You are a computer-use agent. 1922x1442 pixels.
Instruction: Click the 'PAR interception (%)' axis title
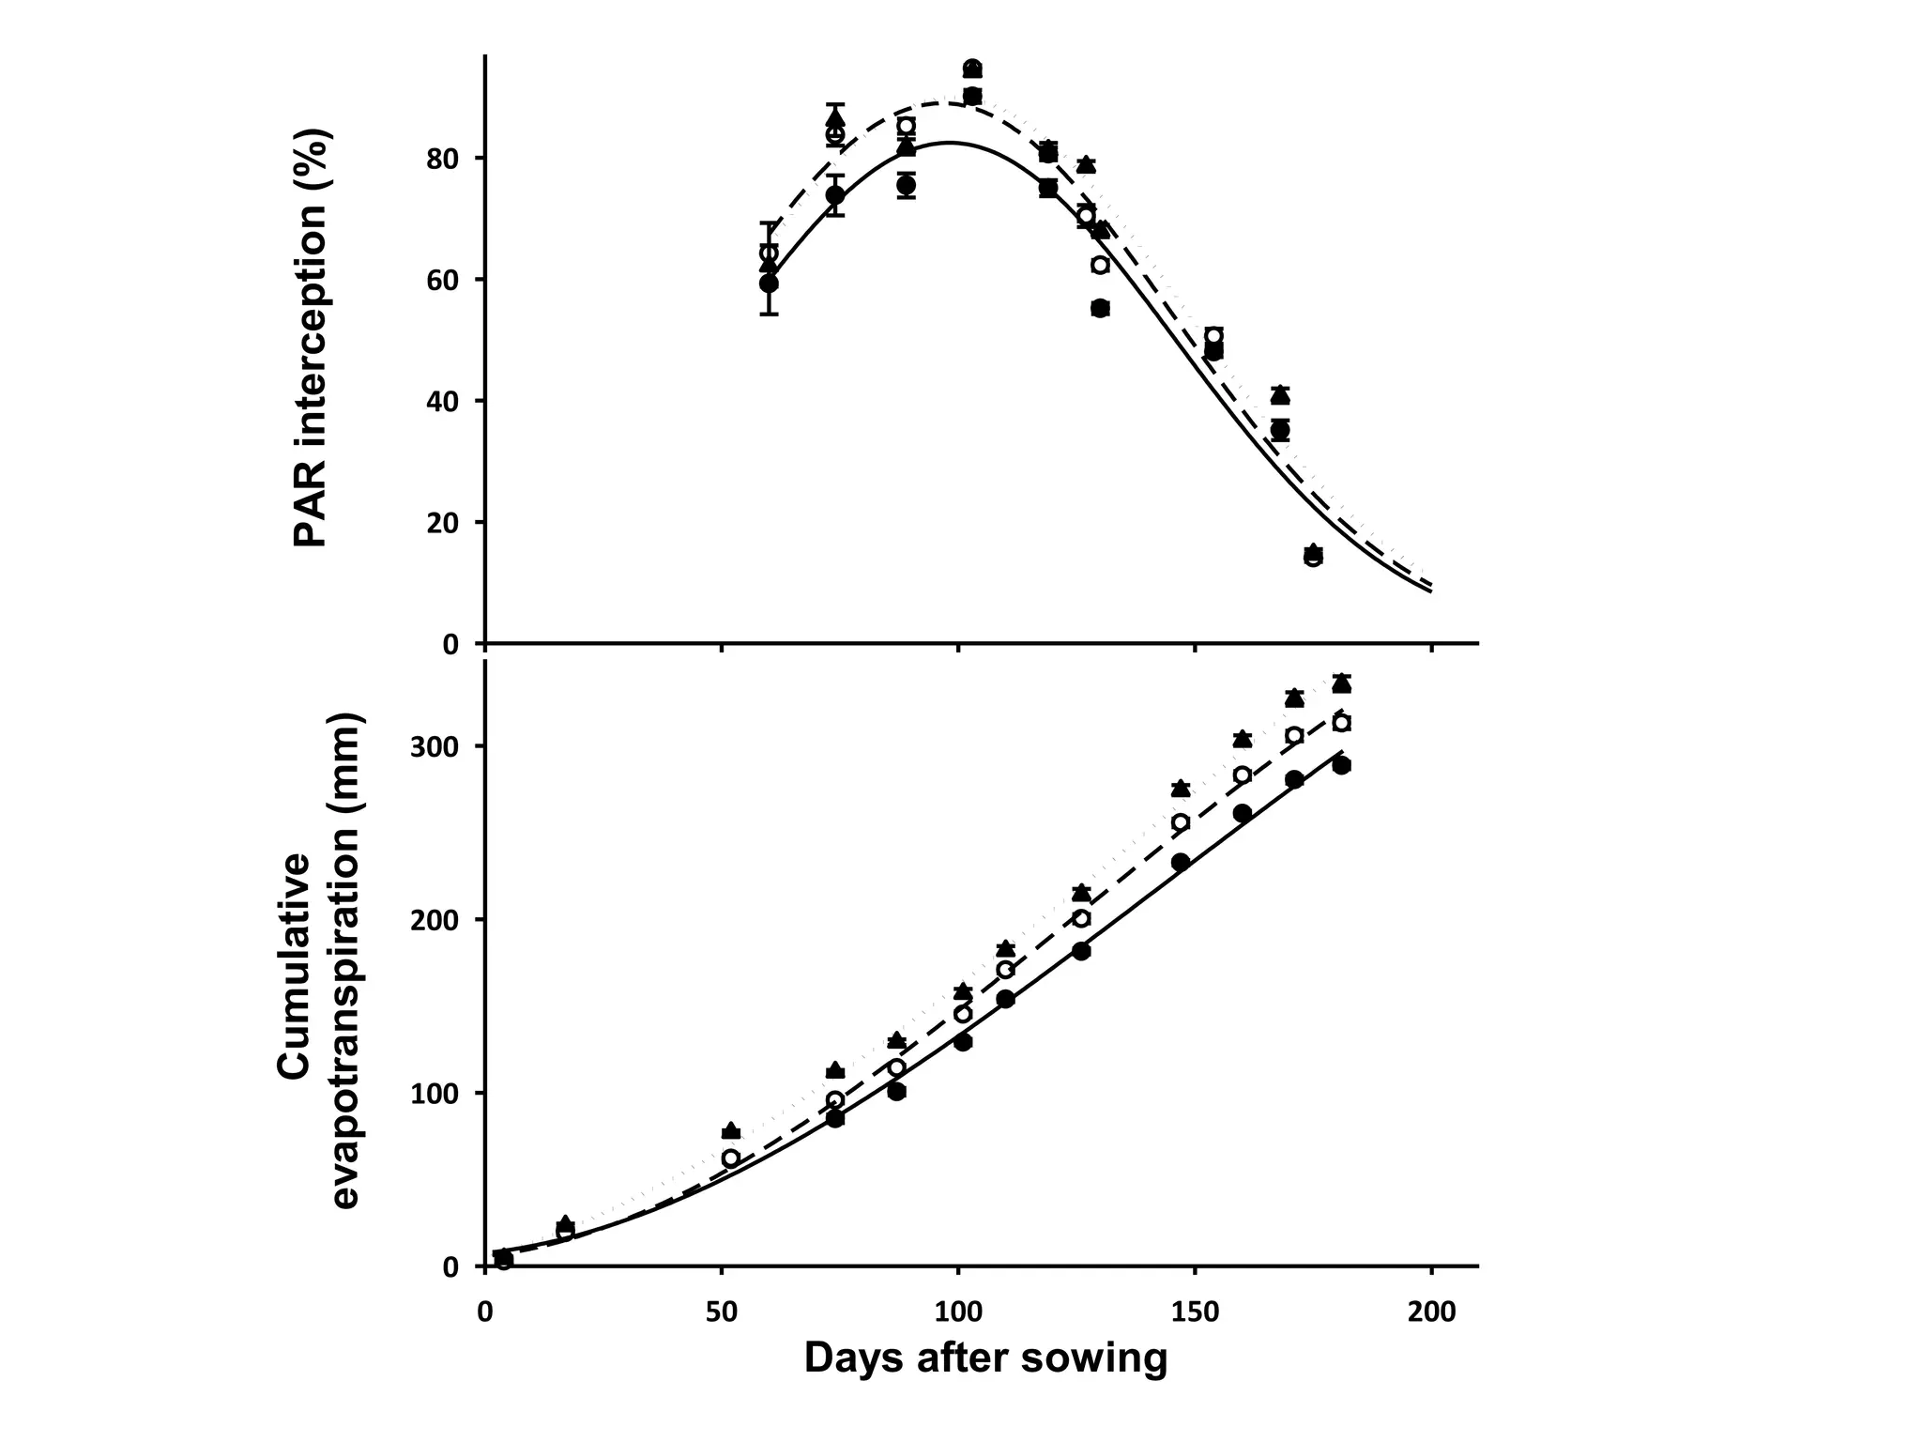(312, 338)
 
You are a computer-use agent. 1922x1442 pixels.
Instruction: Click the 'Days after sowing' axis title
(985, 1358)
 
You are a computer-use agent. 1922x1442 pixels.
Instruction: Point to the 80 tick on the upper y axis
(441, 158)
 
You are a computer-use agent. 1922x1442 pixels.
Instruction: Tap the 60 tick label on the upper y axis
(441, 280)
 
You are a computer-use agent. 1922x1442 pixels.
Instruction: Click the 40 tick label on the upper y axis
(441, 401)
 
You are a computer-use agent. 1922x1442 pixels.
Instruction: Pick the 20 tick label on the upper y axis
(441, 523)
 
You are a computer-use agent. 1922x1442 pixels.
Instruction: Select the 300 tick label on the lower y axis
(435, 746)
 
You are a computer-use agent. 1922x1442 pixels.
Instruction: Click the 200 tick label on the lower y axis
(435, 919)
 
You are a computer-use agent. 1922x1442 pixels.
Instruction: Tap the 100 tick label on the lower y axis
(435, 1093)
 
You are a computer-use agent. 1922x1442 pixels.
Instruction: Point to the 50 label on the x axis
(721, 1311)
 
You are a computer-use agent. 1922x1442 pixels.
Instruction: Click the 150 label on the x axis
(1195, 1311)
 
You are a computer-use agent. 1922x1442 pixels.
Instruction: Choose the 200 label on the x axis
(1430, 1311)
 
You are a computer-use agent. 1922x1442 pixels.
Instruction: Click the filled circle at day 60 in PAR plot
(769, 283)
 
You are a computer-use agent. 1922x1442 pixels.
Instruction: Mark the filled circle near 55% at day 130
(1101, 308)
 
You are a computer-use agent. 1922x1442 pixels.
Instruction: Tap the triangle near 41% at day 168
(1280, 395)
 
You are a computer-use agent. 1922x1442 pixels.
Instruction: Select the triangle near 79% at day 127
(1086, 164)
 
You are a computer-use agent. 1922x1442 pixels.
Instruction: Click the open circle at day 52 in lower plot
(730, 1158)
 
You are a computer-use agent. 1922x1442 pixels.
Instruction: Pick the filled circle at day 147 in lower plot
(1181, 862)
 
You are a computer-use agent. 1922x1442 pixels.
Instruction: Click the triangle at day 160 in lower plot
(1243, 740)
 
